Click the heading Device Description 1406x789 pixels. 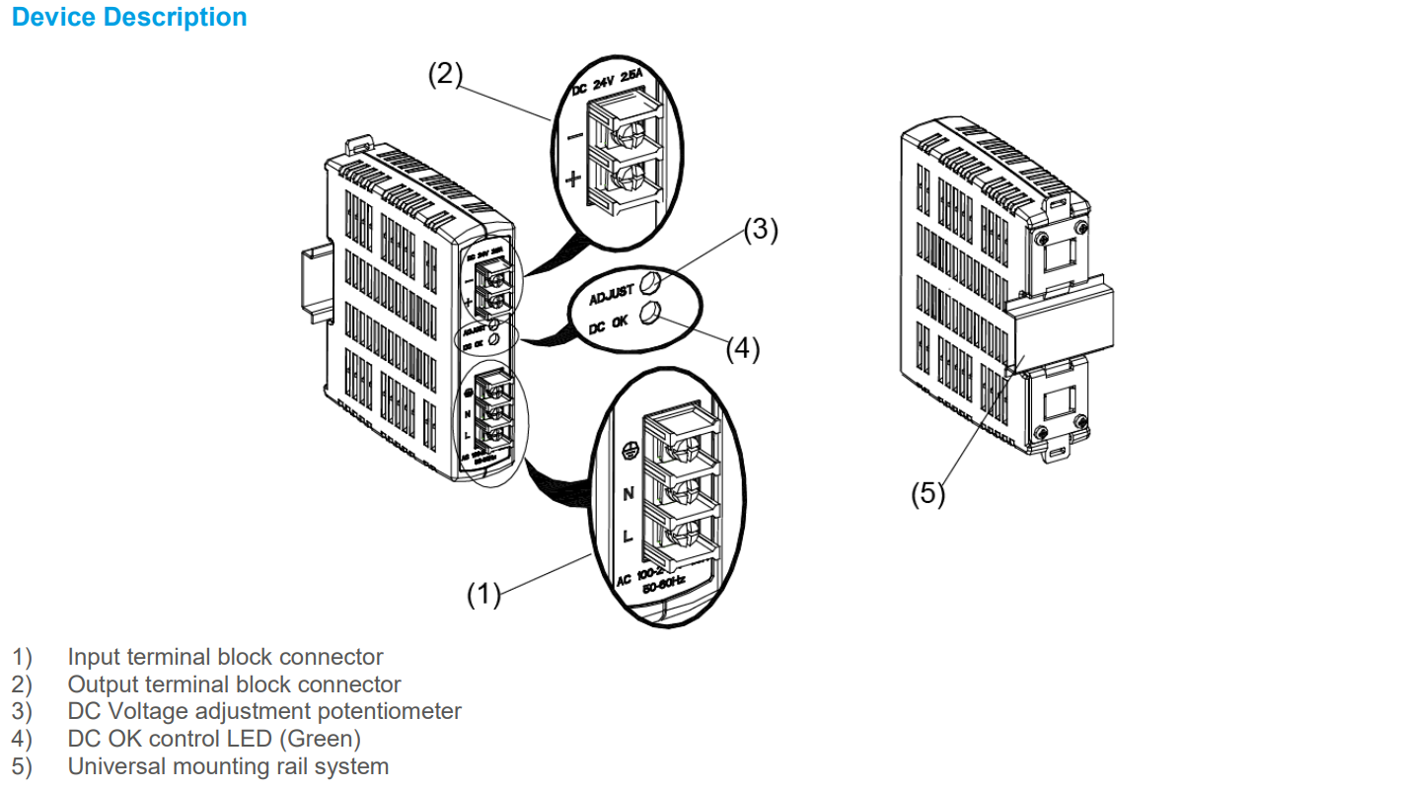tap(129, 18)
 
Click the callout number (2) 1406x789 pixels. tap(445, 75)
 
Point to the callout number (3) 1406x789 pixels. tap(761, 229)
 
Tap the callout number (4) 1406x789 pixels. tap(743, 349)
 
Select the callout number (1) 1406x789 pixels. tap(483, 595)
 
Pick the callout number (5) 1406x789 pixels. tap(927, 493)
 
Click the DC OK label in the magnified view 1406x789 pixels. tap(608, 324)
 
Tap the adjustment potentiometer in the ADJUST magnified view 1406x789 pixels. tap(648, 284)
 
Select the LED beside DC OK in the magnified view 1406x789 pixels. tap(649, 314)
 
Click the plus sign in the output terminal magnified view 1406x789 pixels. tap(573, 179)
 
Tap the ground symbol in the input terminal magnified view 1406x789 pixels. tap(626, 451)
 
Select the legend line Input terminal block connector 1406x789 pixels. tap(225, 657)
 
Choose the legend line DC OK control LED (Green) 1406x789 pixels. tap(214, 738)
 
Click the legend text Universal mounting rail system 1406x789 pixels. tap(228, 766)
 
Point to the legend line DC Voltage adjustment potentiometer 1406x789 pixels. tap(264, 711)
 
